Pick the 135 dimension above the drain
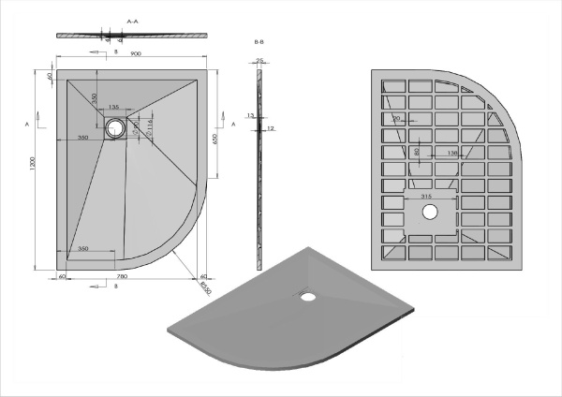pyautogui.click(x=113, y=108)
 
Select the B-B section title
pyautogui.click(x=259, y=43)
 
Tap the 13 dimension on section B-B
pyautogui.click(x=250, y=115)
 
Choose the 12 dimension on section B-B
pyautogui.click(x=269, y=128)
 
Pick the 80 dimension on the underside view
pyautogui.click(x=417, y=150)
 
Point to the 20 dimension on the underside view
pyautogui.click(x=397, y=119)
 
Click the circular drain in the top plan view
pyautogui.click(x=116, y=128)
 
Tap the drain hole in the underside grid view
pyautogui.click(x=429, y=213)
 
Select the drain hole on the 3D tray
pyautogui.click(x=307, y=297)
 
